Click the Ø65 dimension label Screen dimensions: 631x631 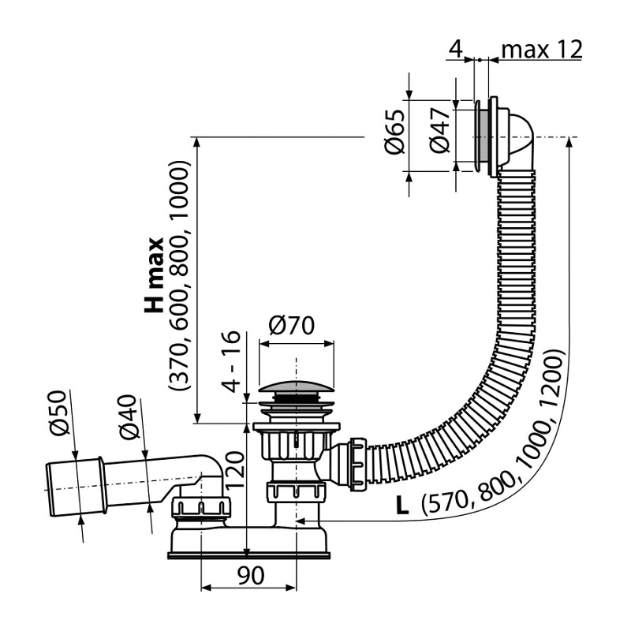394,132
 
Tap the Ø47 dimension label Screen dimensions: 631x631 439,131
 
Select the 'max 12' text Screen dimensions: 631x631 542,50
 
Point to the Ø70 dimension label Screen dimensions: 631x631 292,325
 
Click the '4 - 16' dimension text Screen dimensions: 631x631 232,361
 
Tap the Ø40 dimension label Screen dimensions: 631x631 129,416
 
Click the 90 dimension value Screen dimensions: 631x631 250,575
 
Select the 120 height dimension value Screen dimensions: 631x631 234,469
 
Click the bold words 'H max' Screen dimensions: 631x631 155,275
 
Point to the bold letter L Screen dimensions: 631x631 402,506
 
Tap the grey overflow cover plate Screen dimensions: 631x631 480,136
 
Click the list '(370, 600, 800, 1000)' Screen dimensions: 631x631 178,275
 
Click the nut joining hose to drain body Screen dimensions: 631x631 358,465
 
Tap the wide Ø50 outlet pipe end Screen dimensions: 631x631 77,487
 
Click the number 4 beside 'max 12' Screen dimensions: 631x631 455,50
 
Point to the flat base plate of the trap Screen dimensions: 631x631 248,555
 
